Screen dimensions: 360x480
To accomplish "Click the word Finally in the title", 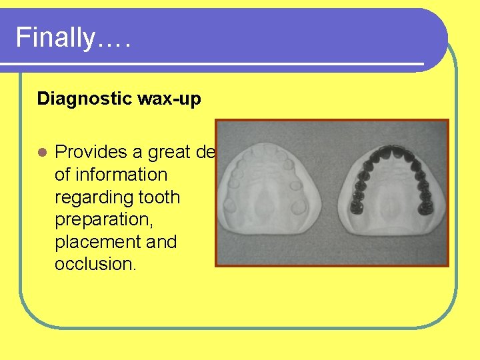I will point(55,37).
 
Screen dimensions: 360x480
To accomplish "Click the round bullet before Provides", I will point(41,153).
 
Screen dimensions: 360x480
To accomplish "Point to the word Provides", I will point(91,153).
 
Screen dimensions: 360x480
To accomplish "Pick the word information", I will point(121,175).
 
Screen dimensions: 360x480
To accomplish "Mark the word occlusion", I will point(95,263).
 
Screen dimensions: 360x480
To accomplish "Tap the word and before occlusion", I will point(162,241).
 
